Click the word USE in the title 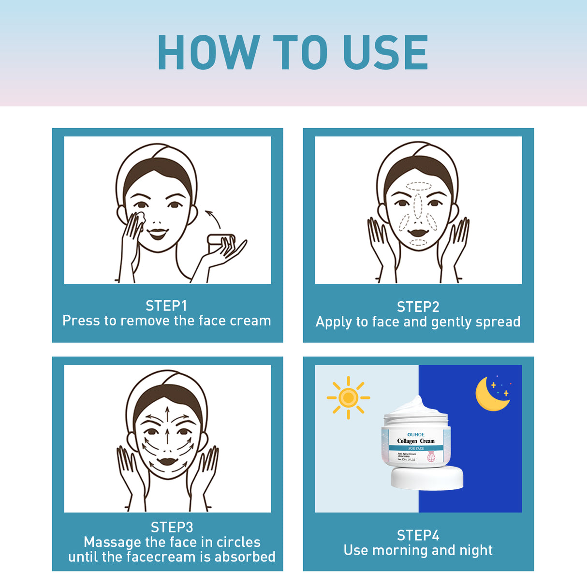click(385, 52)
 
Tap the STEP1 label click(166, 306)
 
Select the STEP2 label click(418, 307)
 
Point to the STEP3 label click(172, 527)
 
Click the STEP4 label click(418, 535)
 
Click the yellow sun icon click(348, 397)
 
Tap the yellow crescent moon click(489, 395)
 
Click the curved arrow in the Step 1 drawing click(213, 219)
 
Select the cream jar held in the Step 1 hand click(220, 240)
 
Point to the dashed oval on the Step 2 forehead click(418, 186)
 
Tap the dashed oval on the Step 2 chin click(418, 242)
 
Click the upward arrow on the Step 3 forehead click(167, 415)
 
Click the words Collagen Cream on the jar click(416, 441)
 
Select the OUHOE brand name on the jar click(416, 434)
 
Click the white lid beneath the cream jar click(427, 478)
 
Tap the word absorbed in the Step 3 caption click(245, 557)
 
